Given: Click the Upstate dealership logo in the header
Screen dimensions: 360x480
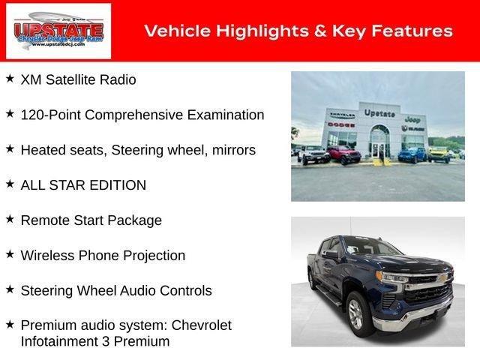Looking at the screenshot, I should [58, 31].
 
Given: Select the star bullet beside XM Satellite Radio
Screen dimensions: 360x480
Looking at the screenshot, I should [10, 78].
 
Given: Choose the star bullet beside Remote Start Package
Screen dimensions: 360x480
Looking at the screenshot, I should [10, 219].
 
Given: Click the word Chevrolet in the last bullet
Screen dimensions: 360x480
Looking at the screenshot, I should [202, 325].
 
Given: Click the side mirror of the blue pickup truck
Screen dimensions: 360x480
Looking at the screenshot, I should [331, 255].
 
